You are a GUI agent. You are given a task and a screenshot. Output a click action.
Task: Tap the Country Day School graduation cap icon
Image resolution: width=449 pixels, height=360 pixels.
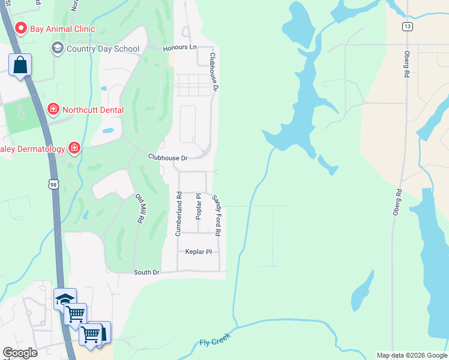(58, 48)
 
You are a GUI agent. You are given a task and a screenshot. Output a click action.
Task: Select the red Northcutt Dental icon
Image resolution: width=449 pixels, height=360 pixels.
(53, 109)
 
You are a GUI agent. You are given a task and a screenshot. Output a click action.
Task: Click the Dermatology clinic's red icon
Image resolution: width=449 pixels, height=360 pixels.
(74, 148)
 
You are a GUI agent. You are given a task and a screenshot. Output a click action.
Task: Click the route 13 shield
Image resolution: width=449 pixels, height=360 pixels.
(408, 26)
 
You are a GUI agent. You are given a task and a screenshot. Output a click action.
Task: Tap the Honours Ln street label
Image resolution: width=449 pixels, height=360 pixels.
(180, 47)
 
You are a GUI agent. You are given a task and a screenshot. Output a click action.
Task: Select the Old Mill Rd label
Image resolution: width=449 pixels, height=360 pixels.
(139, 209)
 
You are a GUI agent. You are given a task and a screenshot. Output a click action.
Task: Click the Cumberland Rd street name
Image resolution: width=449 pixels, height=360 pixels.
(178, 214)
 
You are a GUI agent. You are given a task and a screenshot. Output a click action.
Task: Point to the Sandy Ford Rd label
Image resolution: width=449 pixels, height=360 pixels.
(217, 215)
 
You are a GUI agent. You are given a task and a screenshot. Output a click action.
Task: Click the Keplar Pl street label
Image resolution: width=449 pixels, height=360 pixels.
(199, 252)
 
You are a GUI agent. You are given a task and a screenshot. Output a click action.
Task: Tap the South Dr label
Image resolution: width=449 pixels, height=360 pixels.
(146, 272)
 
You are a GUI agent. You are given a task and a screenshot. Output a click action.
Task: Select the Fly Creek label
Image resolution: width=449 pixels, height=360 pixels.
(215, 340)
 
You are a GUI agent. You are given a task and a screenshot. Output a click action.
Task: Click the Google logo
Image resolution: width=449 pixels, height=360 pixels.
(20, 353)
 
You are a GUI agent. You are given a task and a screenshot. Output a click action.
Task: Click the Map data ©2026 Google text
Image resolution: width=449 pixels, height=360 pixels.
(412, 355)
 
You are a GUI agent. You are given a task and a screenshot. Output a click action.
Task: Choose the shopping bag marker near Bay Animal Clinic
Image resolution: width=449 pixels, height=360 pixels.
(20, 65)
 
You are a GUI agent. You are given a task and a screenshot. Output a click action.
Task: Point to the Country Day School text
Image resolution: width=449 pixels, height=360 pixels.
(103, 49)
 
